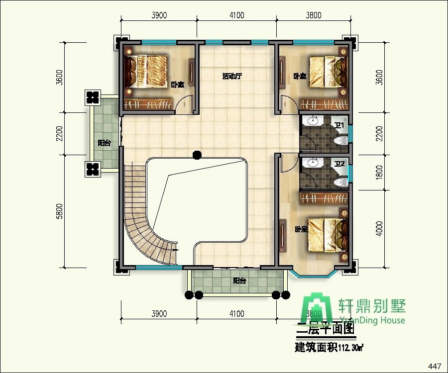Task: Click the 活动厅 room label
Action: click(x=231, y=77)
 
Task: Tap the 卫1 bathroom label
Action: click(x=339, y=125)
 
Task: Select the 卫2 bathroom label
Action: click(x=339, y=164)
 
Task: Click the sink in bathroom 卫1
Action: click(x=313, y=121)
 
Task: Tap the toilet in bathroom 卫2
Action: click(x=341, y=183)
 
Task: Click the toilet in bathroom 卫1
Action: click(x=340, y=141)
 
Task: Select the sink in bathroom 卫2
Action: click(x=313, y=163)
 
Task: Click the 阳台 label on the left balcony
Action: click(x=104, y=143)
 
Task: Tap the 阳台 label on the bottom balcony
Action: click(x=239, y=281)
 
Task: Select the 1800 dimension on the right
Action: click(x=379, y=173)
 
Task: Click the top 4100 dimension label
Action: click(x=237, y=15)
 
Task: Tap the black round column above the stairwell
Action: click(x=197, y=154)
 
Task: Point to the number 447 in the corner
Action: click(x=435, y=367)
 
